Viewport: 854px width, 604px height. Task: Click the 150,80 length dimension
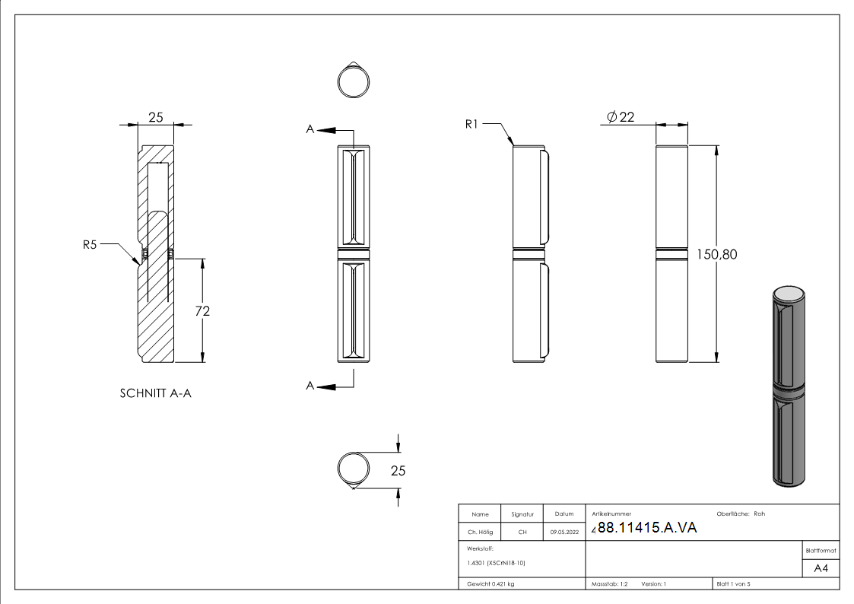click(716, 255)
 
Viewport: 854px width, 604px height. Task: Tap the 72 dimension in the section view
click(202, 310)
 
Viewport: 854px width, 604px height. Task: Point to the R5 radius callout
click(90, 245)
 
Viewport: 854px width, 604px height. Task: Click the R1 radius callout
click(472, 123)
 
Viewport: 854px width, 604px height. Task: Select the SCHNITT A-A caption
click(156, 394)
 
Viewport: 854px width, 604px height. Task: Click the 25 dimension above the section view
click(156, 117)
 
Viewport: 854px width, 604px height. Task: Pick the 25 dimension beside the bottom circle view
click(398, 471)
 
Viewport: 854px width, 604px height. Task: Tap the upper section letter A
click(310, 130)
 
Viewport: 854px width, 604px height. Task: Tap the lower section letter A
click(310, 386)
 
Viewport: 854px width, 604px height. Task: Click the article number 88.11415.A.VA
click(646, 529)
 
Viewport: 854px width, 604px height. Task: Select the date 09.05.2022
click(564, 532)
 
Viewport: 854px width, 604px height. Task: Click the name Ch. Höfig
click(480, 532)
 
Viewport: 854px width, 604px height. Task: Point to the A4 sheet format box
click(821, 568)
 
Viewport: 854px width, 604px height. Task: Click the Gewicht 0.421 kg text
click(491, 584)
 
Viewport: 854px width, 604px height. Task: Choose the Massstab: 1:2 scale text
click(609, 584)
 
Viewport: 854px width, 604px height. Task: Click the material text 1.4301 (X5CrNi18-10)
click(497, 563)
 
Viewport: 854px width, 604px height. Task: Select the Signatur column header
click(522, 514)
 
